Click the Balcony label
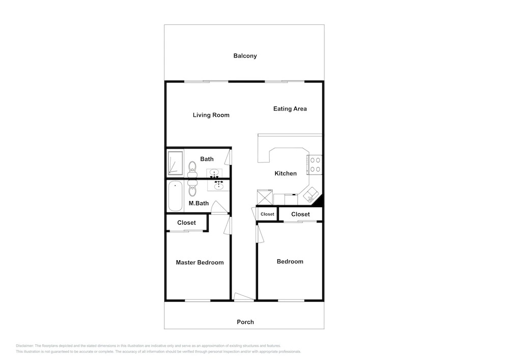tap(245, 56)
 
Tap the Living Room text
tap(211, 115)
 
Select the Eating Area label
tap(290, 109)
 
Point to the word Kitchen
tap(286, 173)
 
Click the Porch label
tap(245, 322)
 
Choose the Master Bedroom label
tap(200, 262)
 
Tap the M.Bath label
tap(199, 203)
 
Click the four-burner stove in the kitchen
tap(315, 164)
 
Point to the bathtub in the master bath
tap(175, 196)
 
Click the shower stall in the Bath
tap(175, 163)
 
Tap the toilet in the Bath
tap(192, 170)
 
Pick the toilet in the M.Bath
tap(192, 188)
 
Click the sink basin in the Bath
tap(214, 173)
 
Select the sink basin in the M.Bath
tap(218, 186)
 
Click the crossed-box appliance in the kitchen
tap(265, 198)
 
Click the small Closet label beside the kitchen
tap(268, 214)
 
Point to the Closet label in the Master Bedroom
tap(186, 223)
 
